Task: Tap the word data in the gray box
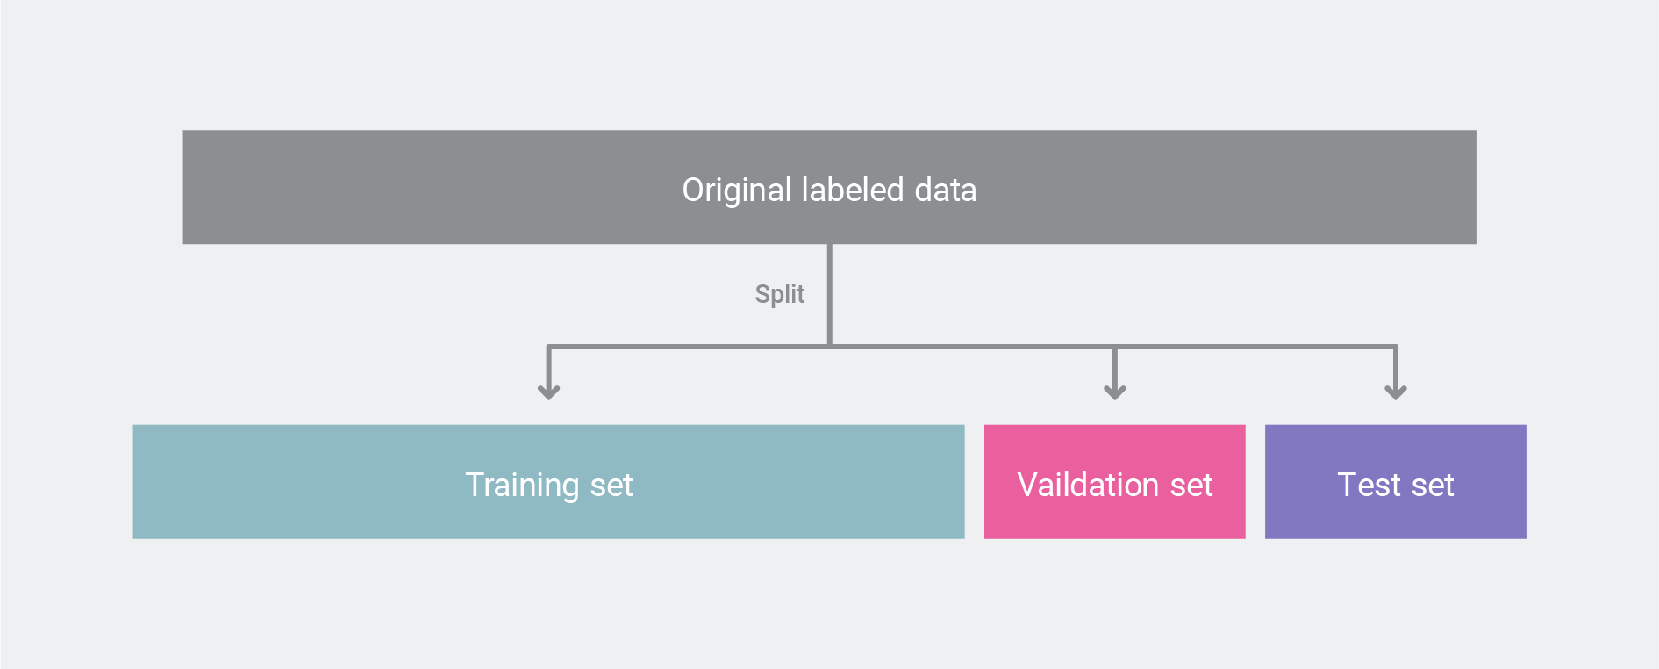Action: tap(946, 190)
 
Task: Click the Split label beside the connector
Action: tap(780, 293)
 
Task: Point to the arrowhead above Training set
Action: tap(549, 391)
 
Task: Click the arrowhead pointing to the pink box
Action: tap(1115, 391)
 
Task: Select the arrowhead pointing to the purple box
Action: tap(1396, 391)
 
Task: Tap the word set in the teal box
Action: tap(611, 486)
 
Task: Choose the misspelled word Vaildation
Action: tap(1088, 485)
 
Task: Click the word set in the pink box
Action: tap(1191, 486)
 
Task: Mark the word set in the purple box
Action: tap(1433, 486)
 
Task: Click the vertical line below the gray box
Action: tap(830, 295)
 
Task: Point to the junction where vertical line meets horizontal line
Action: tap(830, 347)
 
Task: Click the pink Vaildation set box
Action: tap(1115, 482)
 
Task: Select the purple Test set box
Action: tap(1396, 482)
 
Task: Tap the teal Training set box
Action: tap(549, 482)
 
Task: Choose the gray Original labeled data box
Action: tap(830, 187)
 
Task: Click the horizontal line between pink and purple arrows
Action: tap(1255, 347)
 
